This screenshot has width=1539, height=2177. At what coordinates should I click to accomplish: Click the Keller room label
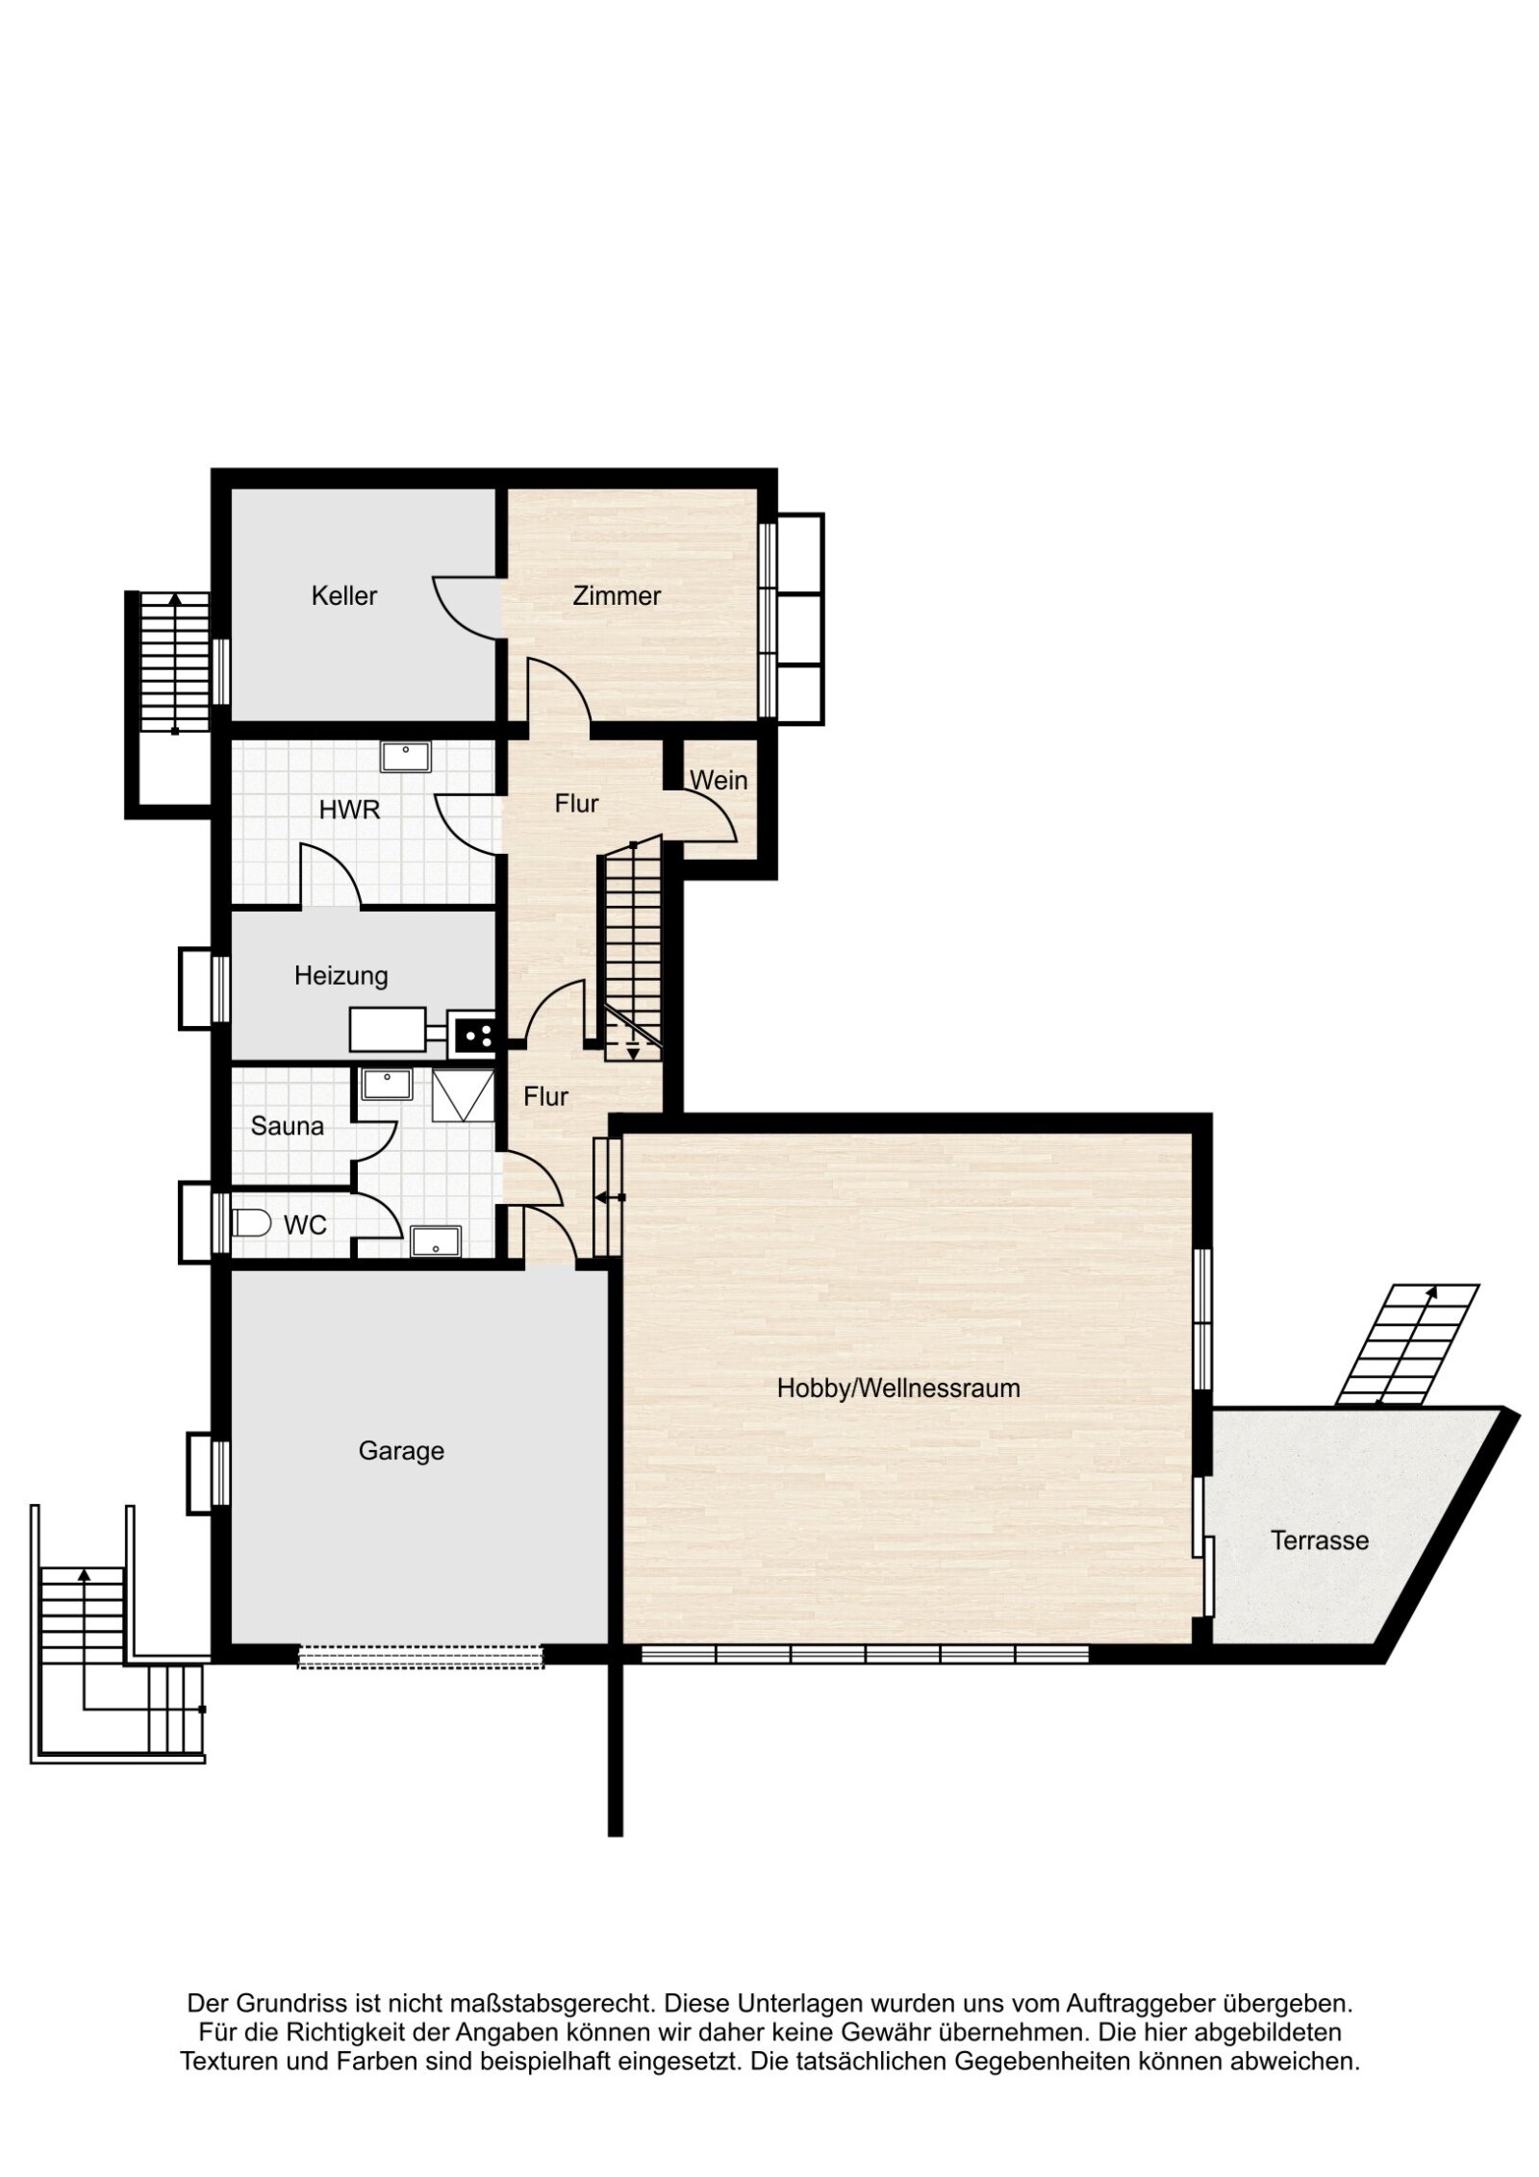(343, 596)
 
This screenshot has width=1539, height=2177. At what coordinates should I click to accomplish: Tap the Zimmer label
(616, 596)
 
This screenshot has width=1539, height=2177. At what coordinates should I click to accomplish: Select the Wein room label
(719, 780)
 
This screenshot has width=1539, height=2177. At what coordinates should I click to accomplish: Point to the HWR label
(349, 810)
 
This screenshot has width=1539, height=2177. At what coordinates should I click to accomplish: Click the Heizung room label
(341, 976)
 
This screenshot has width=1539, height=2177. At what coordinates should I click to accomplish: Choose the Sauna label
(287, 1125)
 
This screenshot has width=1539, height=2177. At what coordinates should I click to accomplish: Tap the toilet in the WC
(252, 1223)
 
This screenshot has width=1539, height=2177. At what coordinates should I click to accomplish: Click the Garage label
(401, 1450)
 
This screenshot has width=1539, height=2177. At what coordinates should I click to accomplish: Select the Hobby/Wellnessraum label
(897, 1389)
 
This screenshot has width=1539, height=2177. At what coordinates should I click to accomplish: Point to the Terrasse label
(1319, 1540)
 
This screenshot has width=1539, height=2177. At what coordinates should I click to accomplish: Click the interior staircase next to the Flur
(632, 947)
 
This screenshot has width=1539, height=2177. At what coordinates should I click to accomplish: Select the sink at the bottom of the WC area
(436, 1241)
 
